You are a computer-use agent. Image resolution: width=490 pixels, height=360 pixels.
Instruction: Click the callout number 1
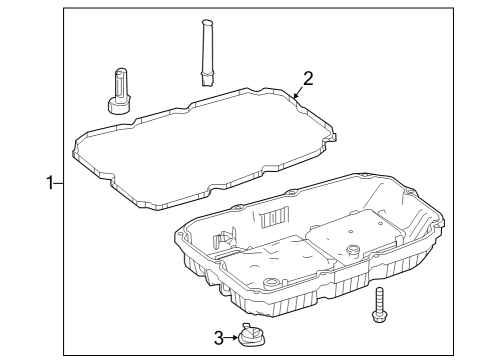pyautogui.click(x=50, y=183)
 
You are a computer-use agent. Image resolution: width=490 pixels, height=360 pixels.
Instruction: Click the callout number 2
pyautogui.click(x=308, y=79)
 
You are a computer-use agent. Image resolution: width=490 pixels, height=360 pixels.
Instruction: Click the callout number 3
pyautogui.click(x=219, y=338)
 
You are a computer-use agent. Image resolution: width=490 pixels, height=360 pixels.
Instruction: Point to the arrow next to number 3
pyautogui.click(x=231, y=338)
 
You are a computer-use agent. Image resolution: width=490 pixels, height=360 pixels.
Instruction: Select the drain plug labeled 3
pyautogui.click(x=252, y=337)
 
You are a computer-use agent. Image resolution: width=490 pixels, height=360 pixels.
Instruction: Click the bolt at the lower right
pyautogui.click(x=379, y=305)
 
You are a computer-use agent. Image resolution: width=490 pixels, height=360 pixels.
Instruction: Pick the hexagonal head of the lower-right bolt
pyautogui.click(x=379, y=317)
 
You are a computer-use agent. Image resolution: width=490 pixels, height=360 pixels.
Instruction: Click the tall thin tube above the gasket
pyautogui.click(x=206, y=53)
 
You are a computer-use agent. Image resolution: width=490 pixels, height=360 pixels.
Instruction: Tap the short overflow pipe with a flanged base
pyautogui.click(x=119, y=91)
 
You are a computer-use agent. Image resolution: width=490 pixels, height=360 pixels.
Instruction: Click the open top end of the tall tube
pyautogui.click(x=206, y=22)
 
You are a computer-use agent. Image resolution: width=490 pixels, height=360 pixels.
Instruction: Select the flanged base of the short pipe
pyautogui.click(x=119, y=105)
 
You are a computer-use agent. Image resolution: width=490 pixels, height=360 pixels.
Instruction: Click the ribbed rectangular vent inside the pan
pyautogui.click(x=274, y=217)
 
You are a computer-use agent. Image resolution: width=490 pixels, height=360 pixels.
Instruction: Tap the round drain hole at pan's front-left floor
pyautogui.click(x=270, y=283)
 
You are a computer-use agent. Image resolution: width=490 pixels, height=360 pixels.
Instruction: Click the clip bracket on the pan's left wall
pyautogui.click(x=224, y=238)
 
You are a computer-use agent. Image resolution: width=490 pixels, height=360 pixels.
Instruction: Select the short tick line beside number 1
pyautogui.click(x=59, y=183)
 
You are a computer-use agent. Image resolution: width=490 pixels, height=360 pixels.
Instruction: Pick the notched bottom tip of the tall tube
pyautogui.click(x=206, y=81)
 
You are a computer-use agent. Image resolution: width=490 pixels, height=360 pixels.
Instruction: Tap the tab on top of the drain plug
pyautogui.click(x=247, y=325)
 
